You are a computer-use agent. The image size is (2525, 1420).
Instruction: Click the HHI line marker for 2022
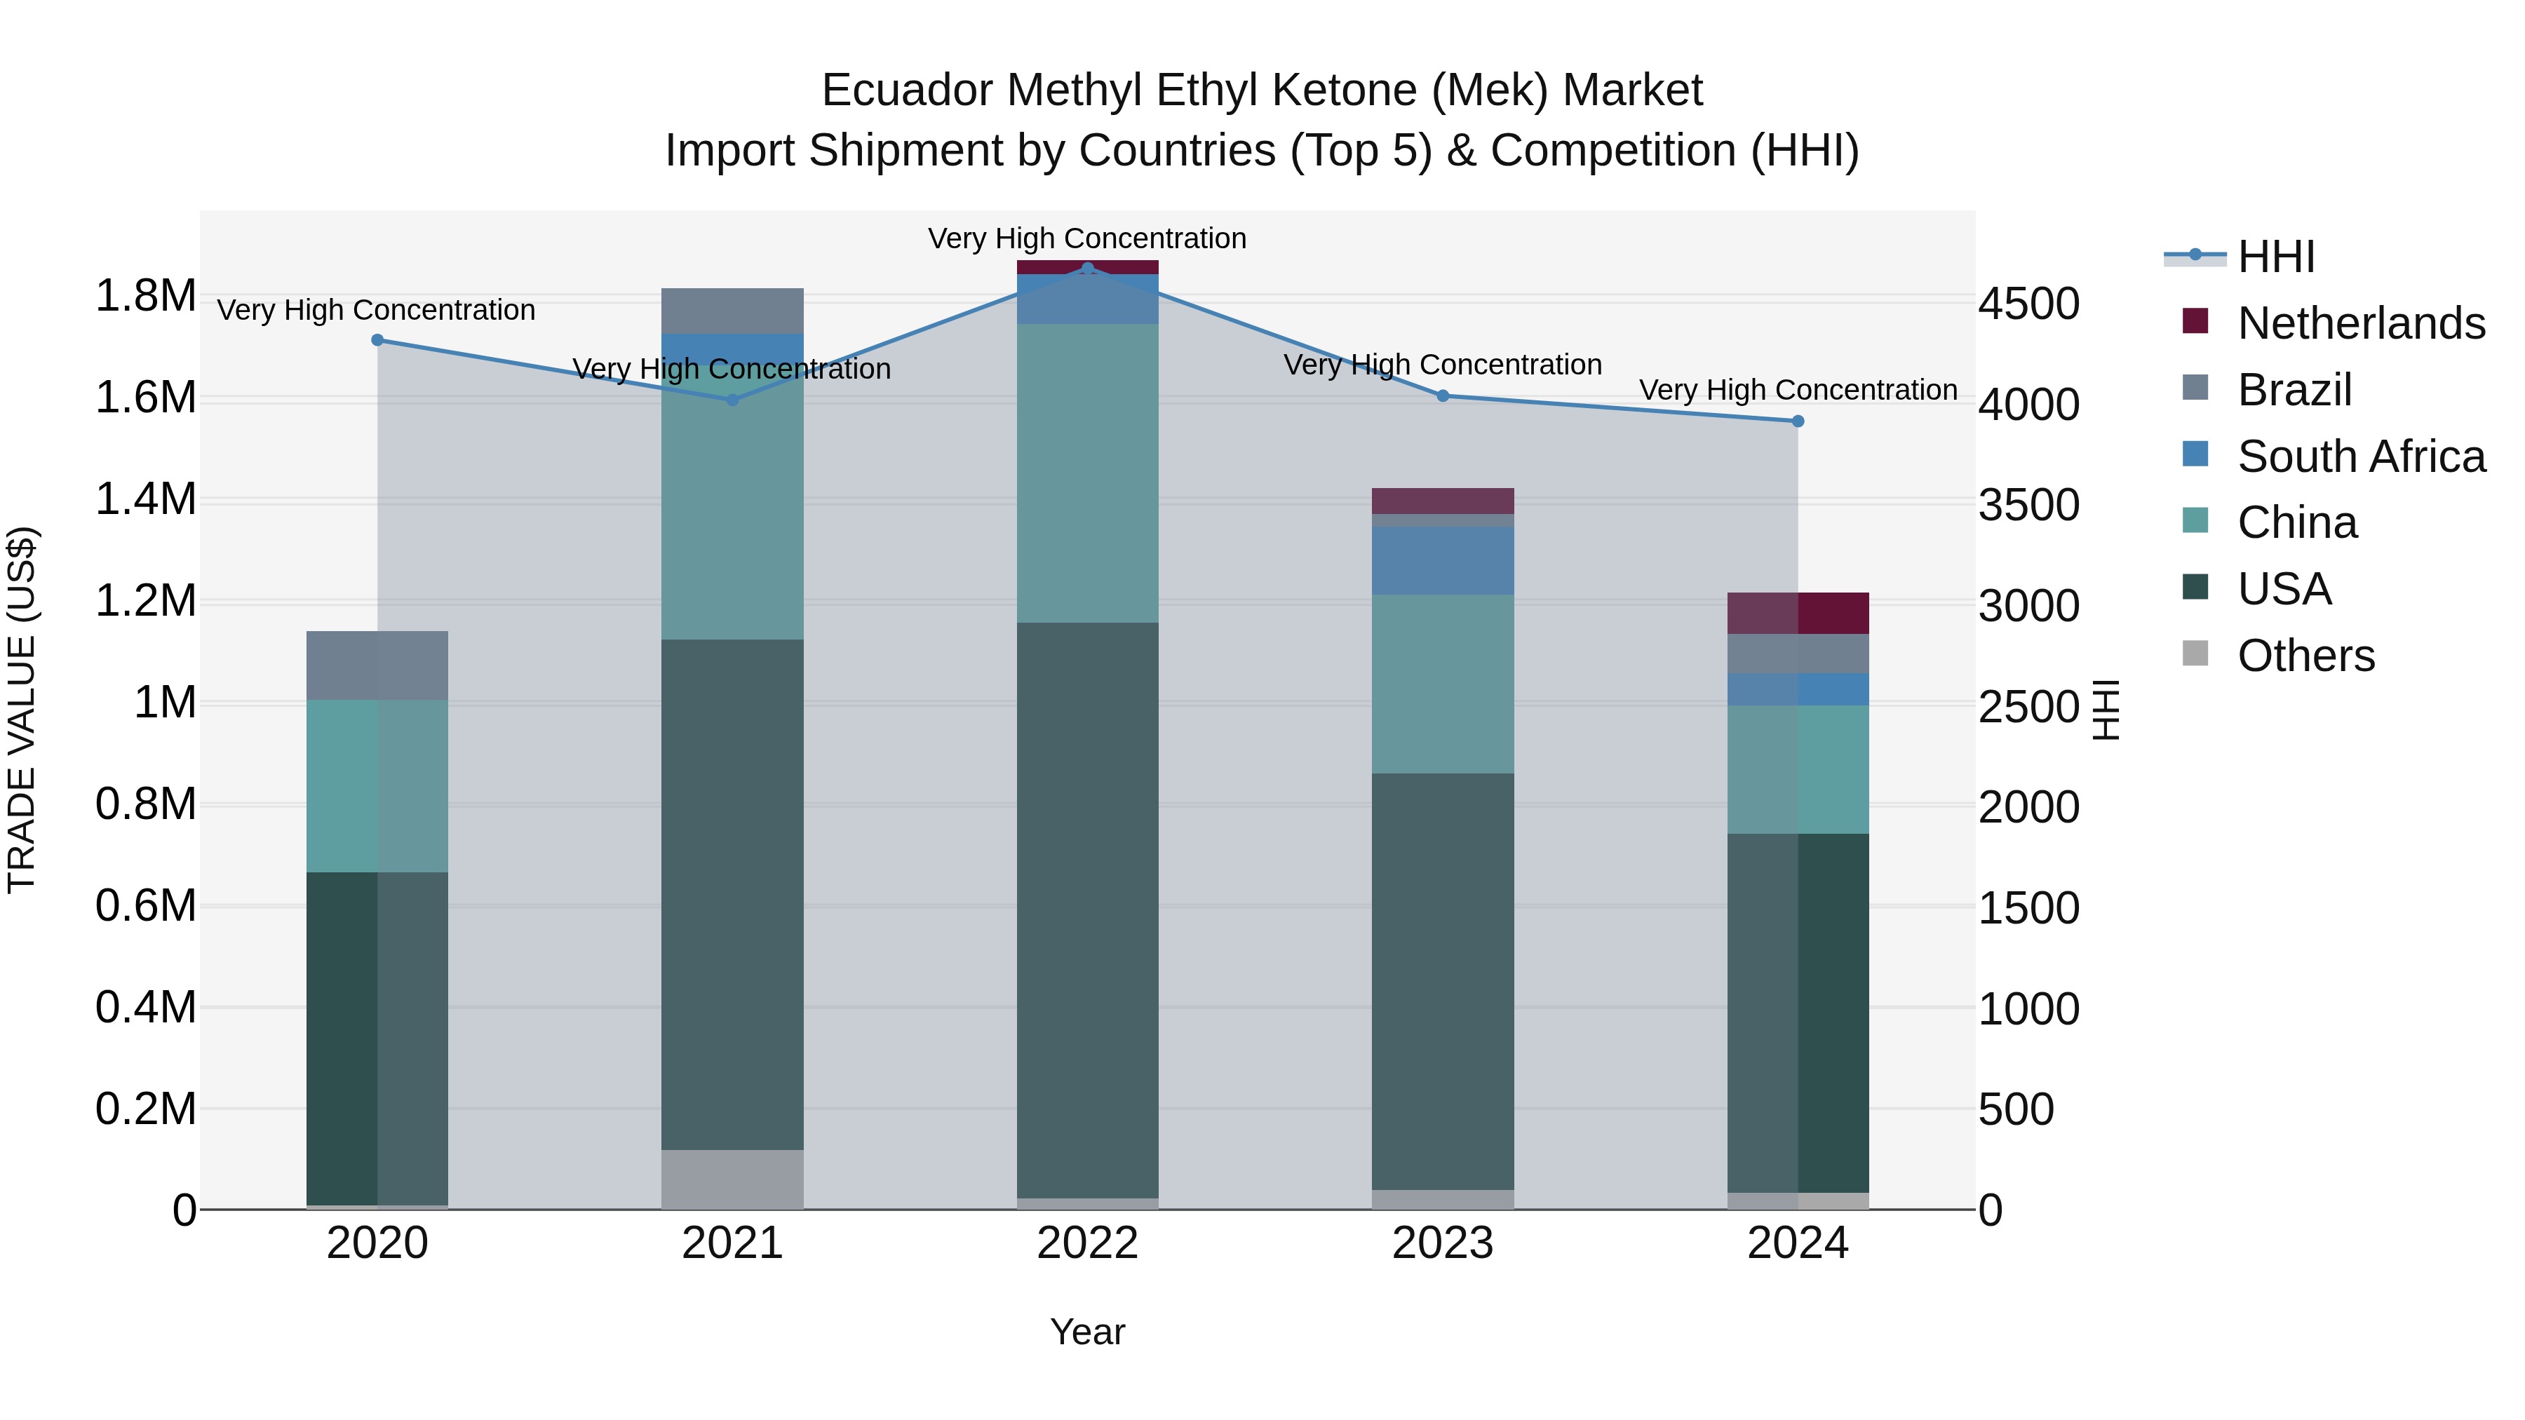pyautogui.click(x=1087, y=269)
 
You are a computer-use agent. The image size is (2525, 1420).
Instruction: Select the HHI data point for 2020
pyautogui.click(x=377, y=340)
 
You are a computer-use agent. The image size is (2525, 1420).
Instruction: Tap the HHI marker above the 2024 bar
pyautogui.click(x=1798, y=421)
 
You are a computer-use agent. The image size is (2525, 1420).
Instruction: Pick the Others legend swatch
pyautogui.click(x=2195, y=654)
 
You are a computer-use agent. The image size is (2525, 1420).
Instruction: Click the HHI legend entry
pyautogui.click(x=2276, y=257)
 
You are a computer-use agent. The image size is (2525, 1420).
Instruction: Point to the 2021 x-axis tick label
pyautogui.click(x=732, y=1243)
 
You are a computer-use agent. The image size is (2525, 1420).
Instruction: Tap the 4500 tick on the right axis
pyautogui.click(x=2028, y=304)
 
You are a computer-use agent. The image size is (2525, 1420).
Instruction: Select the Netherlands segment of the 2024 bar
pyautogui.click(x=1798, y=614)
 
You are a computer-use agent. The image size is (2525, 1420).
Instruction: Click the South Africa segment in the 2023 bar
pyautogui.click(x=1442, y=560)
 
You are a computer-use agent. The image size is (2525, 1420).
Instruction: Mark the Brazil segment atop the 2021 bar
pyautogui.click(x=732, y=311)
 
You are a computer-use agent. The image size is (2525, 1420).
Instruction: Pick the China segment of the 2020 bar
pyautogui.click(x=377, y=786)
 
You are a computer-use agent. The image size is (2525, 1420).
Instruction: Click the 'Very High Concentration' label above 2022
pyautogui.click(x=1087, y=239)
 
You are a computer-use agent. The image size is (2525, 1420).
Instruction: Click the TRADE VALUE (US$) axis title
pyautogui.click(x=22, y=710)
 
